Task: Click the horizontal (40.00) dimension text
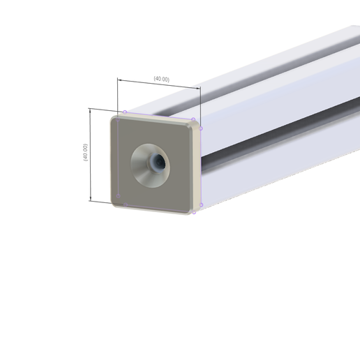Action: (x=161, y=80)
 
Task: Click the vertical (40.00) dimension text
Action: (x=85, y=153)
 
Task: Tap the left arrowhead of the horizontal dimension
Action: (x=120, y=80)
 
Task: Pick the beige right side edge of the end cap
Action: (x=198, y=167)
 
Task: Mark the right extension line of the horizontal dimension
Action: (x=200, y=105)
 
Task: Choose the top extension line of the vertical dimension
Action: (x=101, y=110)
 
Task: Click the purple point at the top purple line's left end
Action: (x=125, y=112)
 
